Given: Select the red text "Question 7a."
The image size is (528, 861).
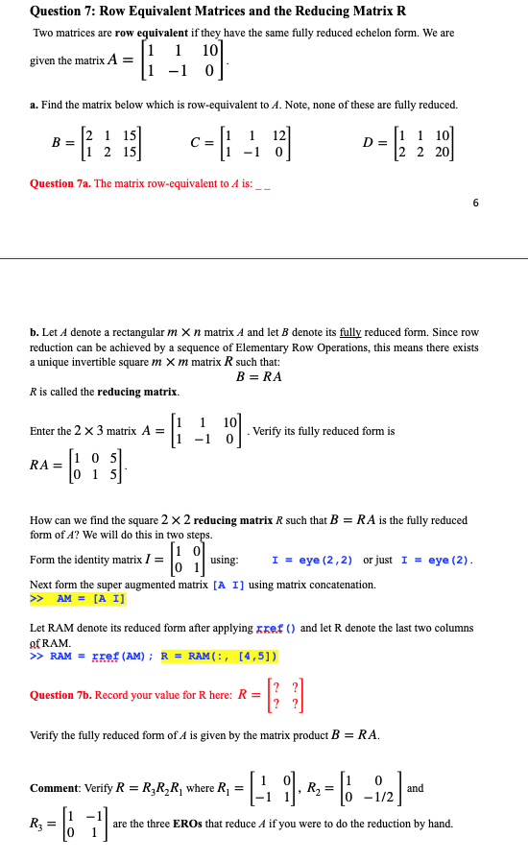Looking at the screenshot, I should (60, 183).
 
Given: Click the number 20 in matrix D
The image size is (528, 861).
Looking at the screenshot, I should (444, 152).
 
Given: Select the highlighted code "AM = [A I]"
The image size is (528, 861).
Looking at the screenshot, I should (90, 598).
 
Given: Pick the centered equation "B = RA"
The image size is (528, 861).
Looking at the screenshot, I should (259, 376).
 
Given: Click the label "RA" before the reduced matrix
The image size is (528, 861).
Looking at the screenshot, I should (40, 465).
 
